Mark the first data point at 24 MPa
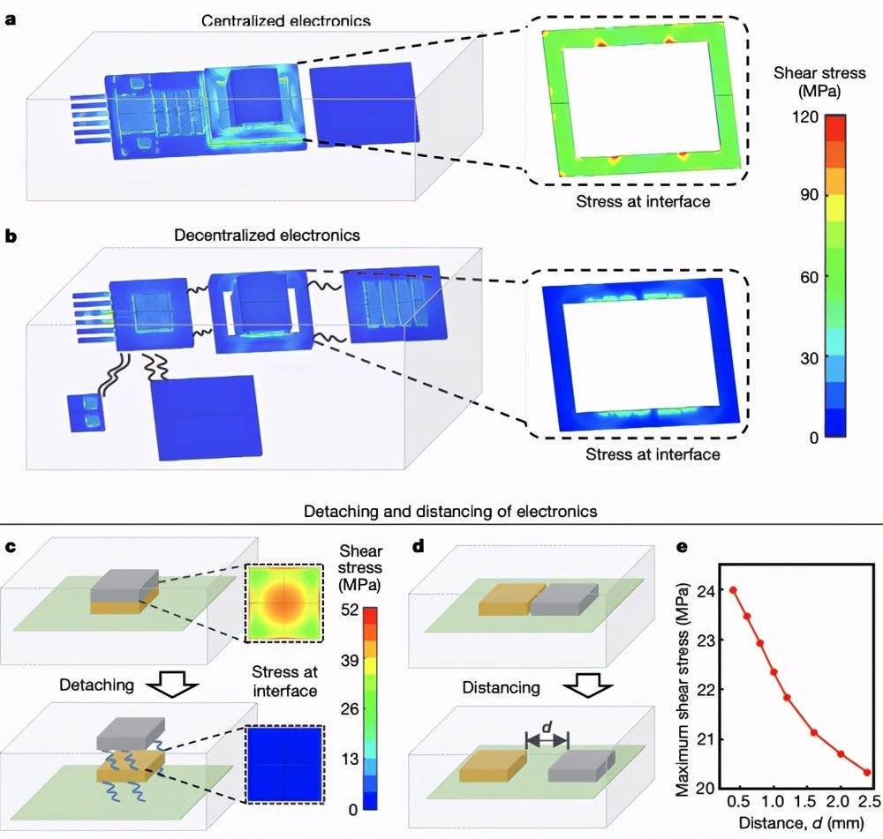733,589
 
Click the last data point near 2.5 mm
867,772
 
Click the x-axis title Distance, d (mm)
799,825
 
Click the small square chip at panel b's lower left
86,413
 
